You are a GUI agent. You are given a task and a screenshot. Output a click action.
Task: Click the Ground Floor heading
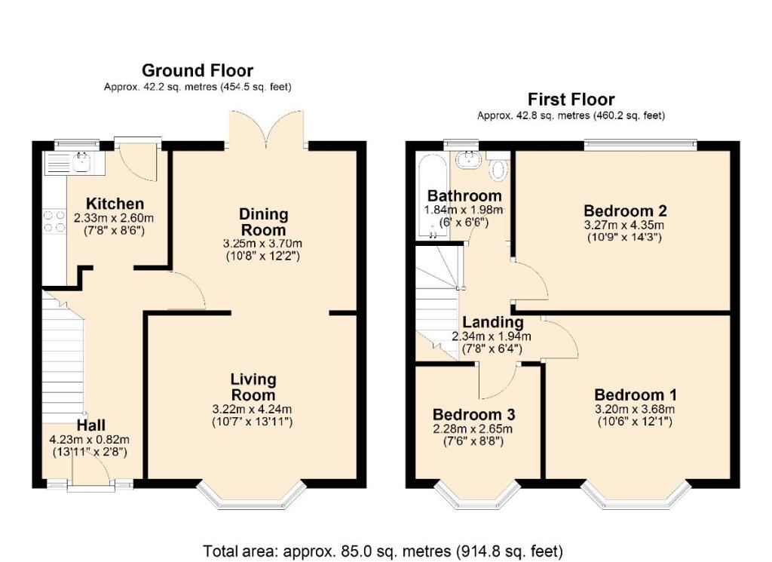198,71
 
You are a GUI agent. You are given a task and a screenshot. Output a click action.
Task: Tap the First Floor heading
571,99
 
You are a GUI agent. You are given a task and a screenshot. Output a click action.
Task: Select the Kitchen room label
115,204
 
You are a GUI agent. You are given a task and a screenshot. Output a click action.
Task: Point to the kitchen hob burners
54,220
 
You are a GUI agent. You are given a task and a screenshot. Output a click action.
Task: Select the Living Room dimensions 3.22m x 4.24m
252,410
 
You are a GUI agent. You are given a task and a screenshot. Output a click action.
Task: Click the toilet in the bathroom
498,169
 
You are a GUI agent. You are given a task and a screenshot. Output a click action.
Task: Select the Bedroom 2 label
625,210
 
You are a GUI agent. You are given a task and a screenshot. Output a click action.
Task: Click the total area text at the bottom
383,551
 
